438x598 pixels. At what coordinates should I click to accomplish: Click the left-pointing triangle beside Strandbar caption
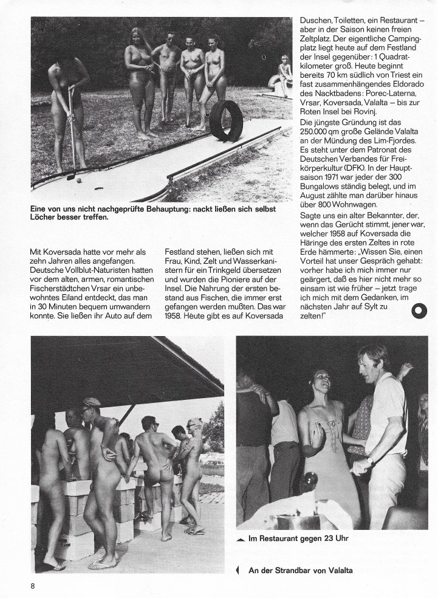[237, 569]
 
